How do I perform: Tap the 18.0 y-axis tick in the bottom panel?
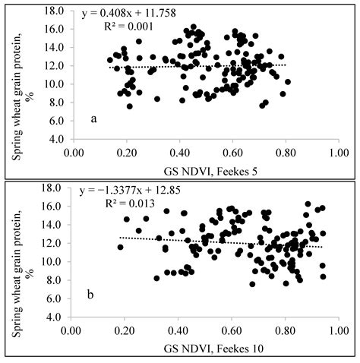tap(52, 188)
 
